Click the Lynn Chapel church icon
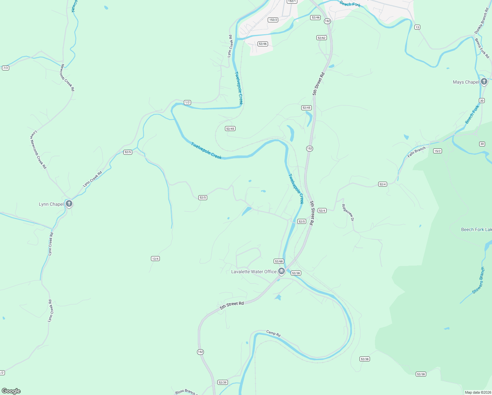pos(69,204)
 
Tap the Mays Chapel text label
pos(466,82)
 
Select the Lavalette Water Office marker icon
pos(281,271)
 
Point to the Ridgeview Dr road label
pos(348,213)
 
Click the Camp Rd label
pos(273,333)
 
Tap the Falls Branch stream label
pos(416,152)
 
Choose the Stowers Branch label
pos(479,280)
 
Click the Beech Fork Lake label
pos(476,229)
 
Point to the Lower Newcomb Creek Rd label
pos(38,150)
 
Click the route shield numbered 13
pos(417,27)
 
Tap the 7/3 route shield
pos(5,68)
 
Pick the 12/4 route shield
pos(155,258)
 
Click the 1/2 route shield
pos(187,102)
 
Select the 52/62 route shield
pos(321,38)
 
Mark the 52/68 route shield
pos(278,261)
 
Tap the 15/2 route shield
pos(437,151)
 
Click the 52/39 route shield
pos(222,382)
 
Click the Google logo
pos(11,391)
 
